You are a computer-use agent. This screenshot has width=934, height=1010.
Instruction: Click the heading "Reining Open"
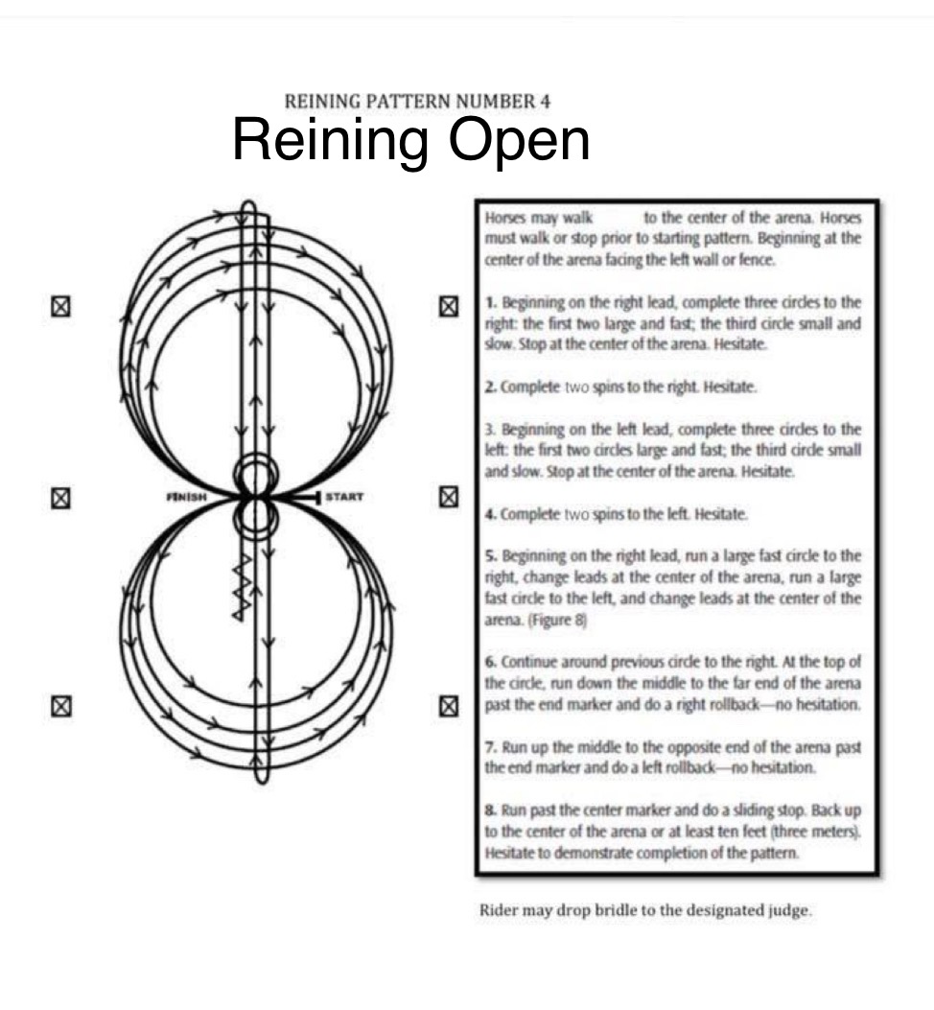410,140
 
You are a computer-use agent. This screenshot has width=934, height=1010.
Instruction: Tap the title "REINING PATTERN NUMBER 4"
417,101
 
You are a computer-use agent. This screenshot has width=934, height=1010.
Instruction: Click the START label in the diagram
342,498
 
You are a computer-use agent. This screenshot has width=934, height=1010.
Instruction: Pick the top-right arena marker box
447,307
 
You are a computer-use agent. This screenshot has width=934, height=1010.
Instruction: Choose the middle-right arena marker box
447,498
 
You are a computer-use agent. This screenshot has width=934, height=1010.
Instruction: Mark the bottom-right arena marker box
447,707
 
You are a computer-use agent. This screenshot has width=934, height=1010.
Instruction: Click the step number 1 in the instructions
488,303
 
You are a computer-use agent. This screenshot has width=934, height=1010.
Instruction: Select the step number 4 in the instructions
488,514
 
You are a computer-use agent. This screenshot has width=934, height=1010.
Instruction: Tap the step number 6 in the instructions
488,663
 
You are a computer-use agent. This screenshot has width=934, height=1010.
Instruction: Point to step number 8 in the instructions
488,811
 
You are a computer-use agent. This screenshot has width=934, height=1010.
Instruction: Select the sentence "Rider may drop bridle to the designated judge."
645,910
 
